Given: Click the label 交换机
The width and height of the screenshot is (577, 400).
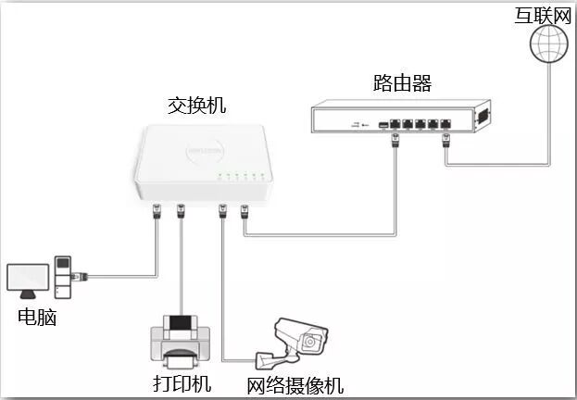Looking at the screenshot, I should [x=196, y=106].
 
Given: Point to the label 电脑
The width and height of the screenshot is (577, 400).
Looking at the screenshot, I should [x=37, y=318].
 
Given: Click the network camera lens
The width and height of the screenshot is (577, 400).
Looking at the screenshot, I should [x=312, y=343].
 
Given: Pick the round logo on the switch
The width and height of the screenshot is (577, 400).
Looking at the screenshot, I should [x=201, y=147].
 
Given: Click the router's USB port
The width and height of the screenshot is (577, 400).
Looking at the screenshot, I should [x=383, y=123].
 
